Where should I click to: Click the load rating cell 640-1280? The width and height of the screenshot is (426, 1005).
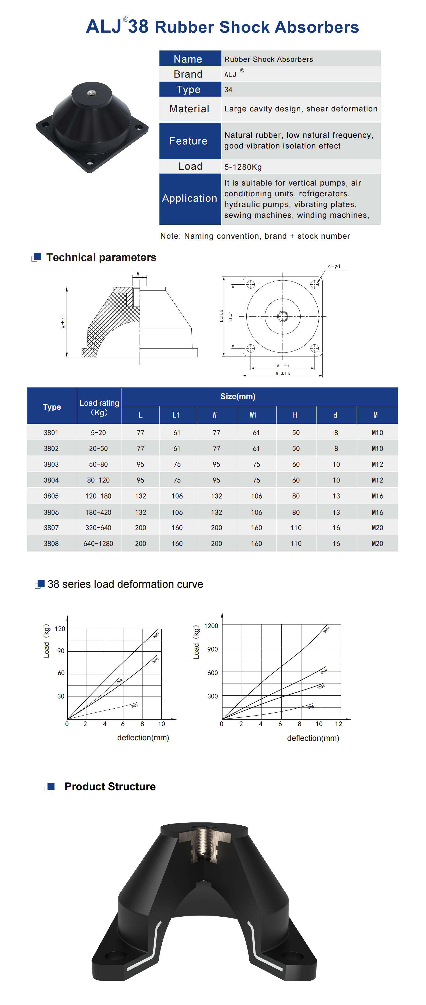click(98, 543)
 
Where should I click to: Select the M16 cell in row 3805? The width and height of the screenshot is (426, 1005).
click(377, 496)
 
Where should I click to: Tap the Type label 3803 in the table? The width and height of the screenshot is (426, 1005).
click(51, 464)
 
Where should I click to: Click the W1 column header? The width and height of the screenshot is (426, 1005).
click(253, 415)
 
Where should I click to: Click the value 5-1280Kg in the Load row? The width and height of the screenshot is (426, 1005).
click(243, 167)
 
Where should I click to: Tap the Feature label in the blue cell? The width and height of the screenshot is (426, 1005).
click(188, 141)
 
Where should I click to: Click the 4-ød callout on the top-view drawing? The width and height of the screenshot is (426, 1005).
click(334, 266)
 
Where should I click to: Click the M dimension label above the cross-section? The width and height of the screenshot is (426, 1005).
click(138, 274)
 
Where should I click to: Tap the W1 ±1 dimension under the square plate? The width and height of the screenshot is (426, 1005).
click(282, 365)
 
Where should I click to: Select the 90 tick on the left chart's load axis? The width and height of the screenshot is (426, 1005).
click(61, 651)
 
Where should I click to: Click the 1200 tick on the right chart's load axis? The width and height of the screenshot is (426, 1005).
click(211, 626)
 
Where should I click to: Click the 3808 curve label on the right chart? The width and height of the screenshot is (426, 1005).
click(326, 629)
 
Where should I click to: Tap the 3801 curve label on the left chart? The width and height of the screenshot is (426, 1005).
click(134, 705)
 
